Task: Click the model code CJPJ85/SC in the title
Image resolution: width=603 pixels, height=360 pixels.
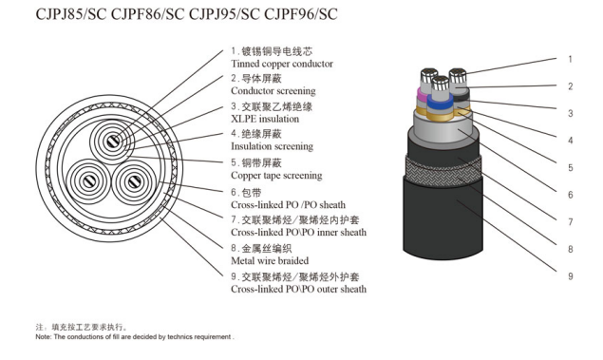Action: tap(71, 14)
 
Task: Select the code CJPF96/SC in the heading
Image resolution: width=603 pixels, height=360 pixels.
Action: tap(301, 14)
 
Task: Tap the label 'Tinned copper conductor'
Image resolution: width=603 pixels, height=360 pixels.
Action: tap(282, 64)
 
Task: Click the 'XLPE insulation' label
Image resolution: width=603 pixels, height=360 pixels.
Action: tap(265, 119)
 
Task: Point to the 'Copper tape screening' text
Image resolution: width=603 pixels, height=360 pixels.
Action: tap(276, 176)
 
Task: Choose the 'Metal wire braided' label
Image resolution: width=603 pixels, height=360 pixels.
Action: tap(270, 261)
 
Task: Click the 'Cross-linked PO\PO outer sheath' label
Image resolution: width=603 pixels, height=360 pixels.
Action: tap(299, 289)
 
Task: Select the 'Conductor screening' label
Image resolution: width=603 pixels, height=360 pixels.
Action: tap(273, 91)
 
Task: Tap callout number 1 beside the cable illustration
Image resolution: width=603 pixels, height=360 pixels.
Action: tap(571, 59)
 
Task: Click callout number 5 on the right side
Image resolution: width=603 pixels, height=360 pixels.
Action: tap(571, 168)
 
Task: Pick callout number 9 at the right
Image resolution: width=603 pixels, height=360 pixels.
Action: tap(571, 276)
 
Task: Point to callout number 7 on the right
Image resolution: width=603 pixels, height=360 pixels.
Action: tap(571, 222)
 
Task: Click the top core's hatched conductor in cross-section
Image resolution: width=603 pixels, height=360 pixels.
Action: tap(113, 142)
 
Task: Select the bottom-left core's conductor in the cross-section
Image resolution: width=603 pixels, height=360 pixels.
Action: tap(89, 181)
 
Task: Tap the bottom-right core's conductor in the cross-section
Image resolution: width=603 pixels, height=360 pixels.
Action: tap(134, 181)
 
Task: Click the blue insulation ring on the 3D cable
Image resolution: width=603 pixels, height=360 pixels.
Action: tap(440, 103)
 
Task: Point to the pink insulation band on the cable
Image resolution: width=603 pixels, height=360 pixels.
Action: tap(422, 95)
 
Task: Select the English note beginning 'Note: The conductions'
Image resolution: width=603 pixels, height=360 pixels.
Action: tap(135, 337)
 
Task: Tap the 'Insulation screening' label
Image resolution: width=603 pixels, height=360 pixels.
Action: tap(272, 146)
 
